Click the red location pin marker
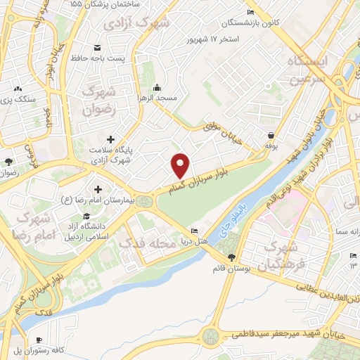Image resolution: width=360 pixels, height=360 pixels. (181, 165)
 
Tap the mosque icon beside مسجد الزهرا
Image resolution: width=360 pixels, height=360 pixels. (156, 88)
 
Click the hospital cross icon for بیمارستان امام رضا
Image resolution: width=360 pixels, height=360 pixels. (96, 189)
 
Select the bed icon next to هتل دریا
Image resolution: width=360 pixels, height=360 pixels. (195, 232)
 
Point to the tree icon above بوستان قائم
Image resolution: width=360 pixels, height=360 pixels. (231, 257)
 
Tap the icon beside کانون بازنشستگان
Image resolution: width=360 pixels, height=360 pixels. (252, 13)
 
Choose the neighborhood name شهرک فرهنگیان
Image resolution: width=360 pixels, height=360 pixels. (277, 257)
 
